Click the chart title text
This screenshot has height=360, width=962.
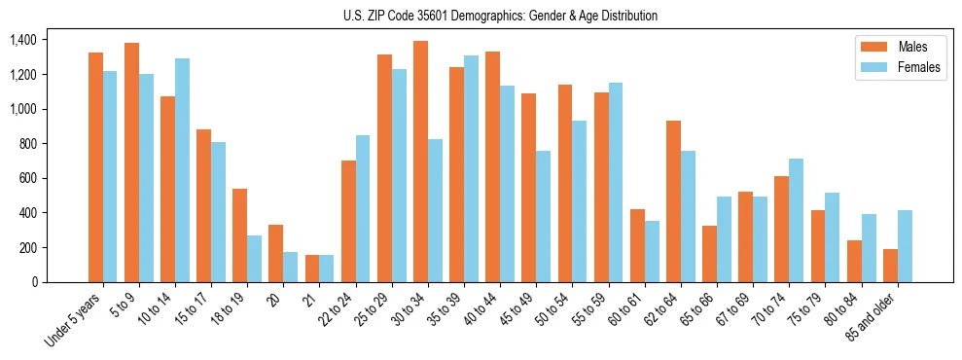click(x=500, y=16)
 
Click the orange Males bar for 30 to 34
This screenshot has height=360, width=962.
click(x=420, y=162)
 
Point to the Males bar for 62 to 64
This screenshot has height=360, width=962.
click(x=673, y=201)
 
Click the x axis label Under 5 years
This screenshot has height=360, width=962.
click(x=74, y=320)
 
